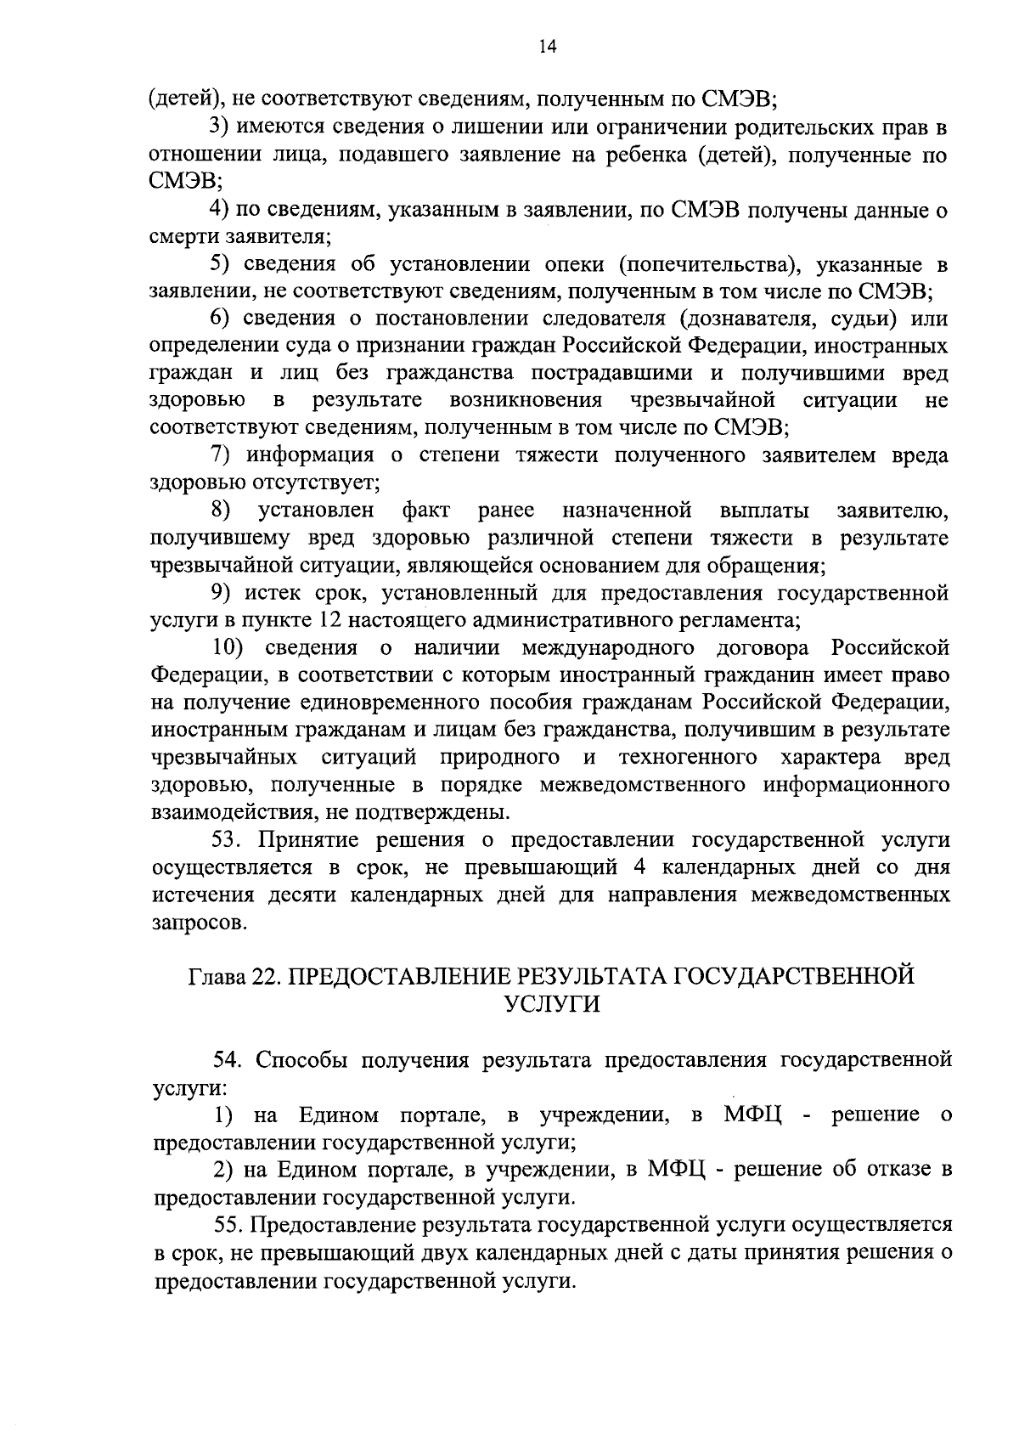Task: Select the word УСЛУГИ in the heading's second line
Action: (x=552, y=1003)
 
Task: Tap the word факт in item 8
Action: (x=425, y=511)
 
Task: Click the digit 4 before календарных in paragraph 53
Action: (x=639, y=868)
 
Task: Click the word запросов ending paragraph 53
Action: (x=200, y=923)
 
